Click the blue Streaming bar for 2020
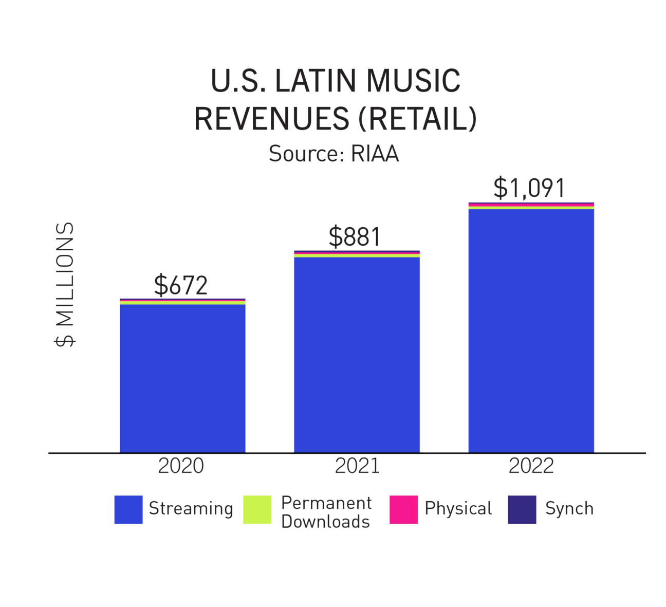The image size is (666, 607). pyautogui.click(x=182, y=378)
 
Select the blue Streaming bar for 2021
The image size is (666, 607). pyautogui.click(x=357, y=354)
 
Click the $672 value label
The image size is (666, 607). pyautogui.click(x=181, y=285)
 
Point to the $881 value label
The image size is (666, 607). pyautogui.click(x=355, y=237)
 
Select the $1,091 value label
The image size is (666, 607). pyautogui.click(x=529, y=188)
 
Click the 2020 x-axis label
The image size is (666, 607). pyautogui.click(x=181, y=466)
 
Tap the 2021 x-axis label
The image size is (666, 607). pyautogui.click(x=357, y=466)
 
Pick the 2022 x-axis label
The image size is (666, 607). pyautogui.click(x=531, y=466)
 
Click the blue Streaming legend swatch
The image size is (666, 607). pyautogui.click(x=128, y=509)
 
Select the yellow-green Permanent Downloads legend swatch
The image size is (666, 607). pyautogui.click(x=257, y=509)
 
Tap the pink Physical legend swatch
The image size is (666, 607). pyautogui.click(x=403, y=509)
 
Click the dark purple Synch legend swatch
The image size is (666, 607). pyautogui.click(x=522, y=509)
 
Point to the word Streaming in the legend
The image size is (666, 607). pyautogui.click(x=191, y=509)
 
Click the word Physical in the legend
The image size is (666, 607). pyautogui.click(x=458, y=509)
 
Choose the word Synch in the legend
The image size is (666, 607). pyautogui.click(x=569, y=509)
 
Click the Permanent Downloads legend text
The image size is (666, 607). pyautogui.click(x=326, y=512)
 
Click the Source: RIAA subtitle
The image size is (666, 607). pyautogui.click(x=334, y=154)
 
